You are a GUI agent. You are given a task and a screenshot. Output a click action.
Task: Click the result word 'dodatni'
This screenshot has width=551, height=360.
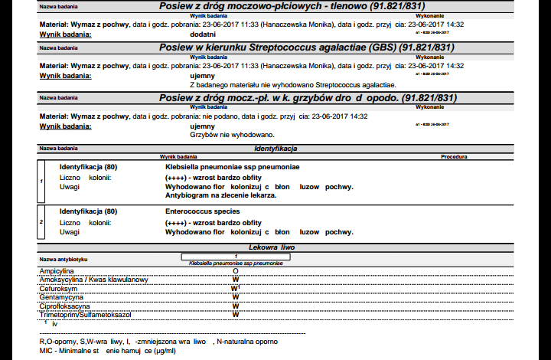pos(202,34)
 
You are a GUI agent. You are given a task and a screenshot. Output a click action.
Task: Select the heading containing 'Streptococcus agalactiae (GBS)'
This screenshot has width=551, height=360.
pos(307,47)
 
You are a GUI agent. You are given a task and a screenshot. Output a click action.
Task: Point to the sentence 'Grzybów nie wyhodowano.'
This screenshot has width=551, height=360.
pos(227,134)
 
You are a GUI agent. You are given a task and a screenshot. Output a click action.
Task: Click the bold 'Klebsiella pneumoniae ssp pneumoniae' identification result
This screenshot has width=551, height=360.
pos(233,166)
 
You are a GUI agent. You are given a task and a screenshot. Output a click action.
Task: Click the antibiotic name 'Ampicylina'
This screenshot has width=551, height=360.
pos(57,271)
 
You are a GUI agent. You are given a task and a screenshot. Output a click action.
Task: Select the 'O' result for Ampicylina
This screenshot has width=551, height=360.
pos(236,271)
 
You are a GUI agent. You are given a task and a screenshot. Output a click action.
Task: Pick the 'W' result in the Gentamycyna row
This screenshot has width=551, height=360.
pos(236,296)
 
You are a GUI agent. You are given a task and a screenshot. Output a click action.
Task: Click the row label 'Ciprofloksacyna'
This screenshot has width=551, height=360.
pos(65,305)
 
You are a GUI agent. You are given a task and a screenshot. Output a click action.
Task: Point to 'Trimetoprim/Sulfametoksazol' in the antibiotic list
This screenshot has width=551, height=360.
pos(86,314)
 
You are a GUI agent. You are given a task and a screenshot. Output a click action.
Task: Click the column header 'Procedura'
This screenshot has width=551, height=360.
pos(454,156)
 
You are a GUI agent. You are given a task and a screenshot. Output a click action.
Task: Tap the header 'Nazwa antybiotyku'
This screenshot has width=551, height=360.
pos(64,259)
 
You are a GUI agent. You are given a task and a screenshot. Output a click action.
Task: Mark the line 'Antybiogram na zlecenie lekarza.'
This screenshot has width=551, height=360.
pos(220,195)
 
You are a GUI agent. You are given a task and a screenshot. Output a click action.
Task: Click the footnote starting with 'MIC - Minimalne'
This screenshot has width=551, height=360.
pos(107,350)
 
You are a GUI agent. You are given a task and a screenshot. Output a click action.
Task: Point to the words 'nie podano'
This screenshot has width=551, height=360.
pos(218,116)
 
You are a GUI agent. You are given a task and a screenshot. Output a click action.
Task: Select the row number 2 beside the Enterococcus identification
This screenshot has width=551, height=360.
pos(41,221)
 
